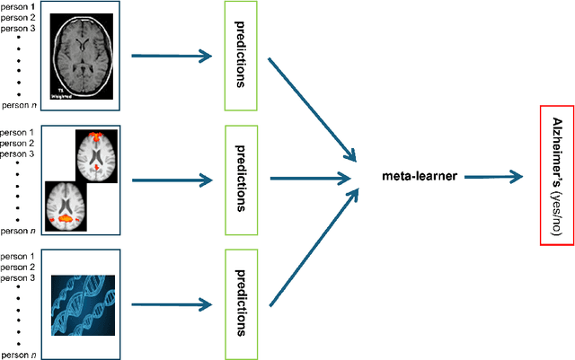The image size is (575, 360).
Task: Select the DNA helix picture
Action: point(84,287)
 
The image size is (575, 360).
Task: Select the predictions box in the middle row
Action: point(240,176)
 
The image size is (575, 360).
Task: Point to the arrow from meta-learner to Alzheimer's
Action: point(494,177)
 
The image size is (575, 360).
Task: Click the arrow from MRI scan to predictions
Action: point(172,56)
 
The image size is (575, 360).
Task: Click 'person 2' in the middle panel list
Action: point(19,144)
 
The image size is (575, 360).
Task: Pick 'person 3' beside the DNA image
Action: point(19,278)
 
